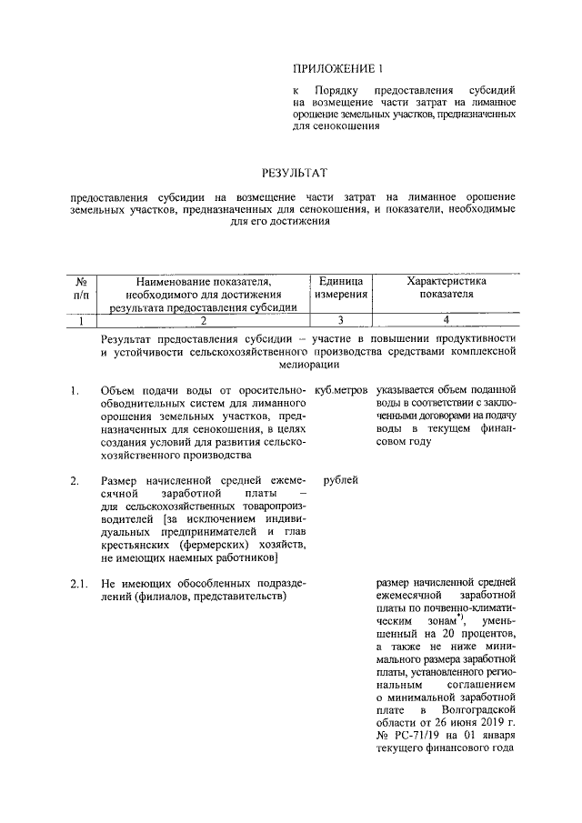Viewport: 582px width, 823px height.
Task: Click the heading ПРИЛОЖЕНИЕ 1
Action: click(333, 68)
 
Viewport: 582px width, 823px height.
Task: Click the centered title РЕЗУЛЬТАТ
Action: click(294, 172)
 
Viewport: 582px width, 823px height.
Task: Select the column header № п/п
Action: click(81, 288)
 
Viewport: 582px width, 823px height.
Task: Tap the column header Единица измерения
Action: click(341, 288)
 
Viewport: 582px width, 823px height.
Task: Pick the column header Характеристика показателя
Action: click(447, 288)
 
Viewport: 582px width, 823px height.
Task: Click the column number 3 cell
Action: click(341, 319)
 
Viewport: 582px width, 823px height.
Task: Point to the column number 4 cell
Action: click(447, 319)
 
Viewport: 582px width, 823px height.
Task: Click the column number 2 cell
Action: click(204, 319)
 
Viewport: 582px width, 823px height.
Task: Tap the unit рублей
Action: click(340, 479)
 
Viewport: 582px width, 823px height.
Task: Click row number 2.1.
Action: click(78, 583)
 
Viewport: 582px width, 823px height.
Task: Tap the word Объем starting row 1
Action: click(119, 390)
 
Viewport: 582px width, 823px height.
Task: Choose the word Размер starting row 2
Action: click(121, 479)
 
